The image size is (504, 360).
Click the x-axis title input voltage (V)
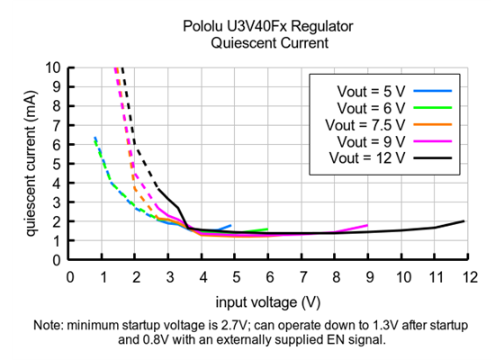tap(267, 301)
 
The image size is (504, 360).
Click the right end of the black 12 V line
tap(464, 221)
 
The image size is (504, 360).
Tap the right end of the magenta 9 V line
tap(367, 225)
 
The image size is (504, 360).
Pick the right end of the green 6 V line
tap(267, 229)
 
